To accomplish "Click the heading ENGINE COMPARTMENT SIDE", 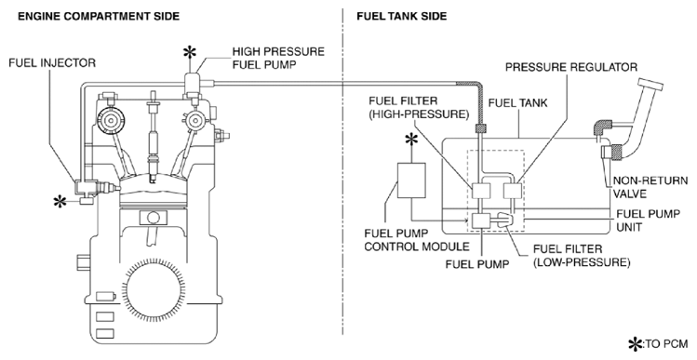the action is [x=99, y=17].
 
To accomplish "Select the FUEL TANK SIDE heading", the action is [x=401, y=17].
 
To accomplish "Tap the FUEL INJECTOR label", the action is [x=52, y=63].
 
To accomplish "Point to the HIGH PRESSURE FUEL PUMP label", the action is [x=278, y=58].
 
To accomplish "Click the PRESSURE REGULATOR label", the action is [x=571, y=67].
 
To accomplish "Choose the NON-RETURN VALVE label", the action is [x=650, y=188].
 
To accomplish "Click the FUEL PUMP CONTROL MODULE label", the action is [x=417, y=240].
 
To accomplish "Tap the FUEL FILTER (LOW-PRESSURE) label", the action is [x=582, y=256].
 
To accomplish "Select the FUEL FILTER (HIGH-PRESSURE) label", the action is [x=419, y=108].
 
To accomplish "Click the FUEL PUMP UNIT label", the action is [x=648, y=220].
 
